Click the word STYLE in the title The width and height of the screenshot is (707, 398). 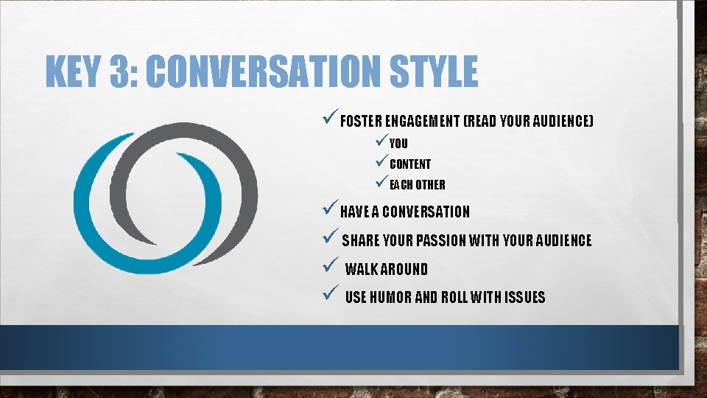coord(442,72)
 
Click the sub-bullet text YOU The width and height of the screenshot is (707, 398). coord(398,144)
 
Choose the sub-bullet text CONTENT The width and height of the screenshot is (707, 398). coord(410,164)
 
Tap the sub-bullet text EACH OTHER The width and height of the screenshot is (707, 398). coord(418,185)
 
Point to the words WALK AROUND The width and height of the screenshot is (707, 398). coord(386,270)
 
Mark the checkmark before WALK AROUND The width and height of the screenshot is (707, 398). coord(330,268)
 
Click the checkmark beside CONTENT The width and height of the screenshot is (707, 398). coord(381,162)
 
